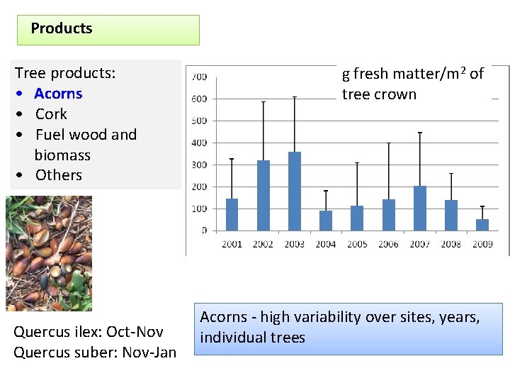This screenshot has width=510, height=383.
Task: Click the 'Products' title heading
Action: point(62,29)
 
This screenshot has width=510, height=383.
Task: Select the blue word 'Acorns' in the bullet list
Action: point(58,94)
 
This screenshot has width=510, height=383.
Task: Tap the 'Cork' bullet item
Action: point(51,114)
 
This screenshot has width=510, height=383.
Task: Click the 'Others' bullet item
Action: point(58,175)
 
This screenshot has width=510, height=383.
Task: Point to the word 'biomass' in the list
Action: point(62,155)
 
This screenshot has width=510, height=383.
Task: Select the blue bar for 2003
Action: point(295,191)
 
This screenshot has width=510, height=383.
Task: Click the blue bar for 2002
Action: point(263,196)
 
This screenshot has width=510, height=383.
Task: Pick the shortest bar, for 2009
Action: point(482,225)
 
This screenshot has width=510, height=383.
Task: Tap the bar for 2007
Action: point(420,209)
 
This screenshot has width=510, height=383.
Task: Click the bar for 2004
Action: point(326,221)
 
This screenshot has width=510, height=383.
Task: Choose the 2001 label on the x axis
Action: point(232,244)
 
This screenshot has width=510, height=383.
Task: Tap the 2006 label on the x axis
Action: point(388,244)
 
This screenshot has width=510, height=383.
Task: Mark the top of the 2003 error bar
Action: point(295,97)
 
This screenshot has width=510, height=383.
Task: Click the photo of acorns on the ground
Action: point(49,253)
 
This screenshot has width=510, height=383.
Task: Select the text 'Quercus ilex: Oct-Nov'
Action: point(89,332)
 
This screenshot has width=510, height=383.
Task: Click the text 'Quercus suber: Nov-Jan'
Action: point(95,353)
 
